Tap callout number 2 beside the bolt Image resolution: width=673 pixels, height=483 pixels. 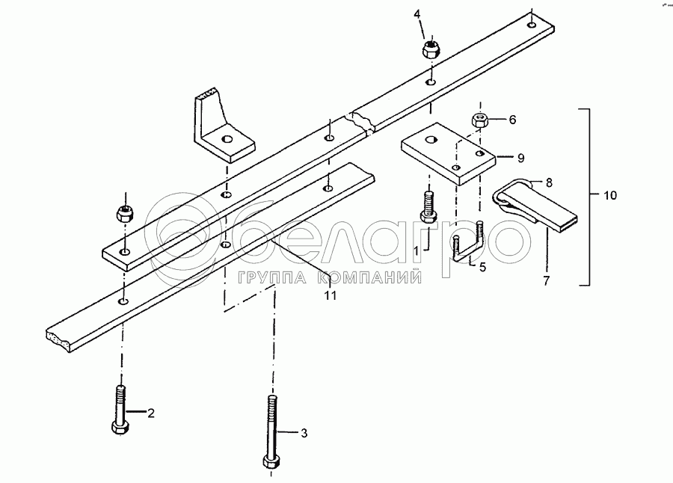[150, 412]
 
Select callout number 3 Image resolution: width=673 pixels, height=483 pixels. [304, 432]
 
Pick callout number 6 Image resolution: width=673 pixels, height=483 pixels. [512, 120]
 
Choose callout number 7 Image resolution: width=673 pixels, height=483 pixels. [546, 281]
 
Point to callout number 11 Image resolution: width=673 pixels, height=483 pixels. [330, 295]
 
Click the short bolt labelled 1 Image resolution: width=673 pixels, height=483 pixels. [428, 206]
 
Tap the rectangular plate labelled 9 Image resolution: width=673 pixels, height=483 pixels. [447, 153]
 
